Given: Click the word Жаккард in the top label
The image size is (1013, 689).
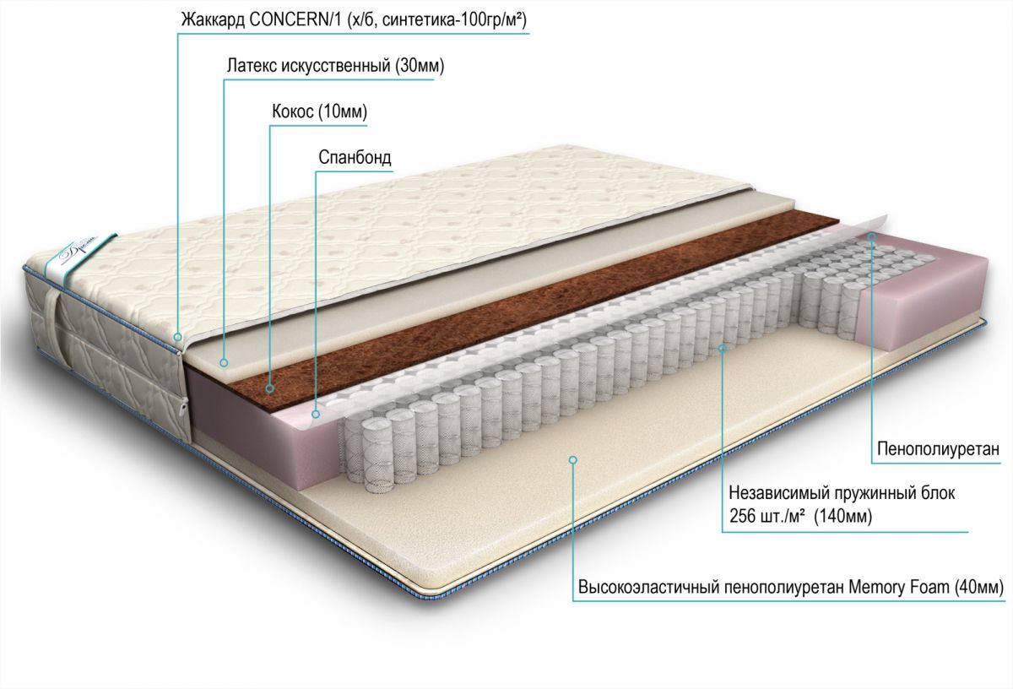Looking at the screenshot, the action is pyautogui.click(x=212, y=20).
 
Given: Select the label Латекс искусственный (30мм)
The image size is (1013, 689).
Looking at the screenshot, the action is pyautogui.click(x=336, y=66).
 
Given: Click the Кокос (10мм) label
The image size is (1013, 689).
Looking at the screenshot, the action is pyautogui.click(x=320, y=111).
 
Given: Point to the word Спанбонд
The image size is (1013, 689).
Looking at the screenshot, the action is pyautogui.click(x=355, y=157).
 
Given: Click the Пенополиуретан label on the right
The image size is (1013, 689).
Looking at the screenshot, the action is pyautogui.click(x=939, y=449).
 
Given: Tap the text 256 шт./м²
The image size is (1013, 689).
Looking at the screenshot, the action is pyautogui.click(x=767, y=516).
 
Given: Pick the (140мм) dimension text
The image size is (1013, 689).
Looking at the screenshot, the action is pyautogui.click(x=843, y=516).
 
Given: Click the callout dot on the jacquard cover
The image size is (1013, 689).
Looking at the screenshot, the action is pyautogui.click(x=178, y=337).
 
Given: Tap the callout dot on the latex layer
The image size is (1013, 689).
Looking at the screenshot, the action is pyautogui.click(x=223, y=362).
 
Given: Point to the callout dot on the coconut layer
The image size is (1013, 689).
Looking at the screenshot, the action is pyautogui.click(x=270, y=388).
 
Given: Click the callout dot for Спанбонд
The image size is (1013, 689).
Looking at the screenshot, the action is pyautogui.click(x=316, y=414).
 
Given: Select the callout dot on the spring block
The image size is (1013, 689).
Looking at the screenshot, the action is pyautogui.click(x=723, y=349).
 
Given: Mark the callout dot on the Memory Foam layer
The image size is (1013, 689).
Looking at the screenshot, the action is pyautogui.click(x=573, y=460).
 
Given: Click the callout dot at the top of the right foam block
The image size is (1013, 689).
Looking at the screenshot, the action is pyautogui.click(x=872, y=236).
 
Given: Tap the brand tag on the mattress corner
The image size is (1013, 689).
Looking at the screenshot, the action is pyautogui.click(x=80, y=257).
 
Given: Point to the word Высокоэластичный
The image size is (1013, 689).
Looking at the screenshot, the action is pyautogui.click(x=643, y=588).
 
